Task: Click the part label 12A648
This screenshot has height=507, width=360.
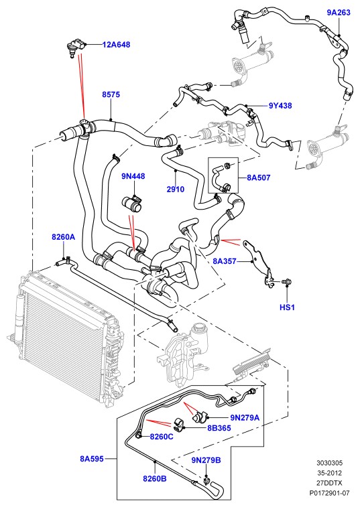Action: coord(116,44)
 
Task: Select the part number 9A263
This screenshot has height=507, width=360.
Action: coord(339,12)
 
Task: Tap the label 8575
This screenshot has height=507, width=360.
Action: coord(111,94)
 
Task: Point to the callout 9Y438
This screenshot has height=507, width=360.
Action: coord(280,105)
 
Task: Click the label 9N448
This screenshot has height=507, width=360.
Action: coord(133,176)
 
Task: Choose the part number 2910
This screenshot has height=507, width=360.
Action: coord(176,189)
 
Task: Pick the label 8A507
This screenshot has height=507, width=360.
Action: coord(258,177)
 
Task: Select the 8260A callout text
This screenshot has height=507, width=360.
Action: coord(64,237)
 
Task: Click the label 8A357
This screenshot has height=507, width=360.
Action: coord(225,261)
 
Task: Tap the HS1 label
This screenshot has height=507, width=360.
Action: coord(287,307)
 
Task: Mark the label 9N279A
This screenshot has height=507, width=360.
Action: coord(245,418)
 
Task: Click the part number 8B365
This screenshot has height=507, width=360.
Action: coord(219,428)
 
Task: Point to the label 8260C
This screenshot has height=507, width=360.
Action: coord(162,437)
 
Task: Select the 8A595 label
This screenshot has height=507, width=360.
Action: coord(92,459)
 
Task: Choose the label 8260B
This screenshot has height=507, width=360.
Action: coord(155,478)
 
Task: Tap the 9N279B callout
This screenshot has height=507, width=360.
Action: coord(206,460)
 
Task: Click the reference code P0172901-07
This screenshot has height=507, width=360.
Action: coord(329,493)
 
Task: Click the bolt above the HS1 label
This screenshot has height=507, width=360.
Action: coord(286,282)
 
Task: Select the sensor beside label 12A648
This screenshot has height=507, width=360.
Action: coord(75,47)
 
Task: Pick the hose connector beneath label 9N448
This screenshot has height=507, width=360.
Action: coord(132,204)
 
